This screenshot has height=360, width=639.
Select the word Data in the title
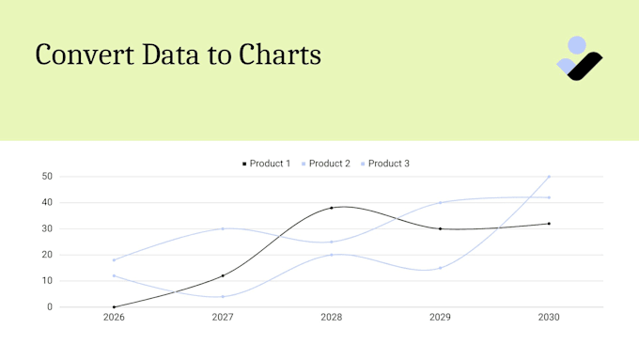pos(175,55)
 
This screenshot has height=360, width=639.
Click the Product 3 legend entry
pos(384,164)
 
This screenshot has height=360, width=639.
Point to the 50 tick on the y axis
pos(47,177)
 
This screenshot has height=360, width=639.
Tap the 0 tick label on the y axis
pos(50,306)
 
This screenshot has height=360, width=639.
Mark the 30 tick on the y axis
pos(47,228)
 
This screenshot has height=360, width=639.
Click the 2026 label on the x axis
pos(114,318)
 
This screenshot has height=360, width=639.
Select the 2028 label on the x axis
pos(331,318)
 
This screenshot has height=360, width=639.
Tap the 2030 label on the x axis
pos(549,318)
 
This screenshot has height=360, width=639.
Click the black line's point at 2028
pos(332,208)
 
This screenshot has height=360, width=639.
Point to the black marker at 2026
pos(114,306)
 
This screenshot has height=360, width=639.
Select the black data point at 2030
pos(549,224)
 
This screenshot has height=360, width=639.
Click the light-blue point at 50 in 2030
pos(549,177)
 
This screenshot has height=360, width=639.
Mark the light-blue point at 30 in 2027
pos(223,228)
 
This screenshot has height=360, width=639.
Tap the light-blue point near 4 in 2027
pos(223,296)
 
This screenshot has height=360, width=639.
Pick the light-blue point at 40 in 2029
pos(440,202)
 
